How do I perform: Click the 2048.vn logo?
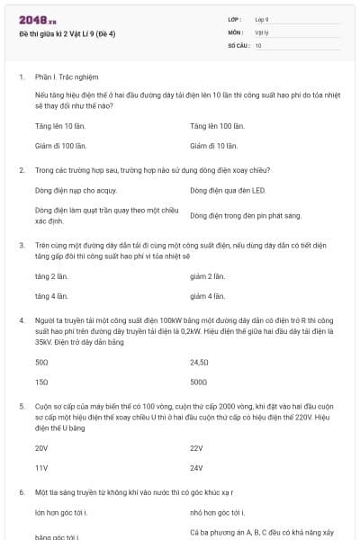(x=37, y=19)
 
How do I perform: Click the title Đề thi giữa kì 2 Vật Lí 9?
(x=79, y=33)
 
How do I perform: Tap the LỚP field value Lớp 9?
(x=262, y=19)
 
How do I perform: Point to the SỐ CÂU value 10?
(x=258, y=44)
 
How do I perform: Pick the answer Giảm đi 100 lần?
(x=217, y=144)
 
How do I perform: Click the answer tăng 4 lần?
(x=51, y=295)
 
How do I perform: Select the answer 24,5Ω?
(x=200, y=362)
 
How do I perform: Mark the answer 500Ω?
(x=199, y=382)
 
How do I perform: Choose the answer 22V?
(x=197, y=447)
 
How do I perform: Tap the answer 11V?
(x=41, y=467)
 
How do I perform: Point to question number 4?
(x=21, y=319)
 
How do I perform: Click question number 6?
(x=21, y=492)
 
